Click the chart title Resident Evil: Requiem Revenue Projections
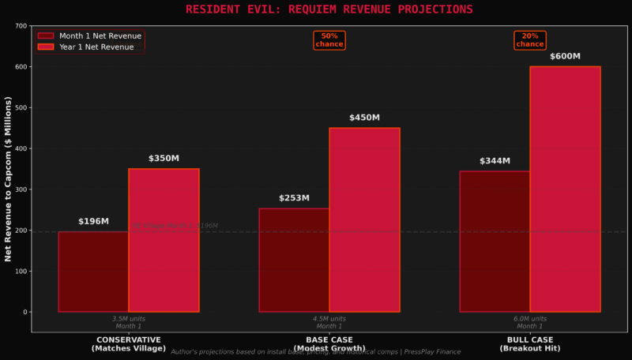click(x=329, y=9)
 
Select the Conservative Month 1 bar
click(x=93, y=272)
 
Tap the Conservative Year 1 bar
click(x=164, y=240)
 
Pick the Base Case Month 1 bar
click(x=294, y=260)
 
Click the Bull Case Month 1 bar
click(x=495, y=242)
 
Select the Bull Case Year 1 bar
click(x=565, y=189)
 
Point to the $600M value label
click(x=565, y=57)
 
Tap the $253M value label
click(x=294, y=198)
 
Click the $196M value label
click(x=93, y=222)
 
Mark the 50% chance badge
click(x=329, y=39)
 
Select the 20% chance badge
click(x=530, y=39)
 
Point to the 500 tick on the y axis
click(x=21, y=107)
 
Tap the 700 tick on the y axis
click(x=21, y=26)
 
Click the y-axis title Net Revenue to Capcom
click(x=9, y=179)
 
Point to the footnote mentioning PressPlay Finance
click(x=316, y=352)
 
